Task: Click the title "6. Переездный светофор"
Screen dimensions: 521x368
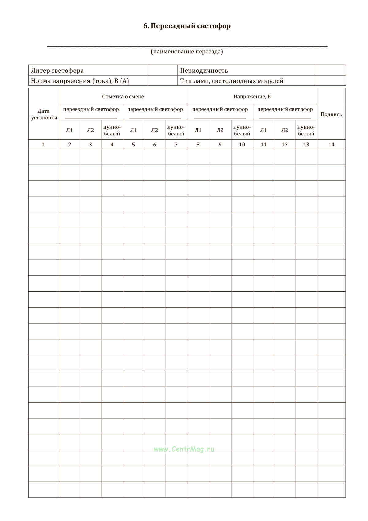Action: pos(187,26)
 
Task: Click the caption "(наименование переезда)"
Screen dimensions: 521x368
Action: pos(187,52)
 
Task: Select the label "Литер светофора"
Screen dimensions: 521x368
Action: pos(57,71)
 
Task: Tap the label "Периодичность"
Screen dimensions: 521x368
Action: pos(204,71)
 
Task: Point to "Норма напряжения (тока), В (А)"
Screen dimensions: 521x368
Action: pos(80,81)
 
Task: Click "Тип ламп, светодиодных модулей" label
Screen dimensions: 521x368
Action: pos(232,81)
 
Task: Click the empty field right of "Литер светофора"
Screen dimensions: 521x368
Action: pos(163,70)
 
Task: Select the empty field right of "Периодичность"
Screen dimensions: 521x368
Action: pos(331,70)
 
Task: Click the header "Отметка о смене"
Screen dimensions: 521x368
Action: pos(123,96)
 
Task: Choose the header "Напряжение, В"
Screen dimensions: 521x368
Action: pos(252,96)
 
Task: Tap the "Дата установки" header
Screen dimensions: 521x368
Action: pos(44,114)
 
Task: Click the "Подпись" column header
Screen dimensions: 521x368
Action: pos(331,114)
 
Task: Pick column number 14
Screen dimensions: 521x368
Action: pos(331,145)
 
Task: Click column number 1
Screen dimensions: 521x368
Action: pos(44,145)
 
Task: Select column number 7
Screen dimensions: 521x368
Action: pos(176,145)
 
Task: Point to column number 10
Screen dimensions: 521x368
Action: pos(242,145)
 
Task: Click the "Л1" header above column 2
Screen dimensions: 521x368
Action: pos(70,130)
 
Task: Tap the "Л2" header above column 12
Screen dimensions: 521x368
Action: pos(285,130)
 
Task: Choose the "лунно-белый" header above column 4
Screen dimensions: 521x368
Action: pos(112,130)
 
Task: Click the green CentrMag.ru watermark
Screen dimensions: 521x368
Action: pos(184,449)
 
